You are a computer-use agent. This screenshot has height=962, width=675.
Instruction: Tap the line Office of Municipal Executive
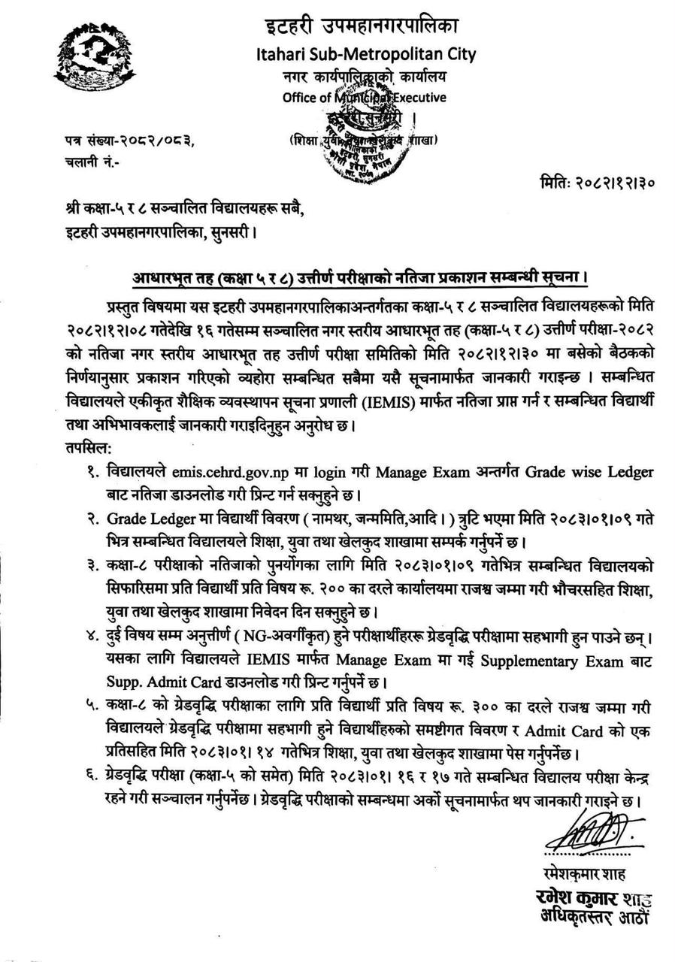point(364,97)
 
